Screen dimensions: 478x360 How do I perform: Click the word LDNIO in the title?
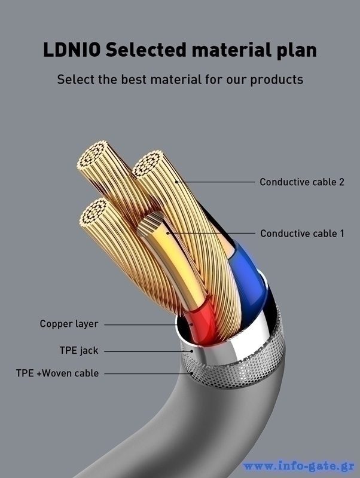pyautogui.click(x=72, y=50)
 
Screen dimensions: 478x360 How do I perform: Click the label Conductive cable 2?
pyautogui.click(x=301, y=182)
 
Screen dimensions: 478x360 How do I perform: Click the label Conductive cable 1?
pyautogui.click(x=302, y=233)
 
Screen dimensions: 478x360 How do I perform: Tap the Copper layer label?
pyautogui.click(x=69, y=324)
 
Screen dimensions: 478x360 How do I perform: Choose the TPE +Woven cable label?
pyautogui.click(x=57, y=373)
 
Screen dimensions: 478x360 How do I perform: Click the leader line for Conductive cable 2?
pyautogui.click(x=215, y=182)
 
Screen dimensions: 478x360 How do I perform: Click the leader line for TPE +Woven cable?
pyautogui.click(x=147, y=373)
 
